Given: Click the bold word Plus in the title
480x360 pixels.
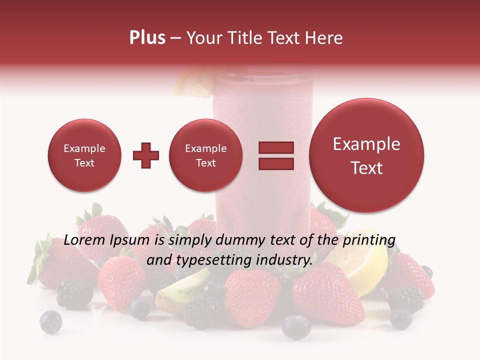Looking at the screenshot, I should click(147, 38).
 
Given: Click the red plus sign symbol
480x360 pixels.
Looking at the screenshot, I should click(145, 155).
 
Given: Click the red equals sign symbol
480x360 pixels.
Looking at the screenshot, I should click(275, 155).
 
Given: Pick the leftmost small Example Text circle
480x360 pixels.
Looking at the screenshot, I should click(84, 155).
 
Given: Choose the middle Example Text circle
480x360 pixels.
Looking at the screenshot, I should click(205, 155).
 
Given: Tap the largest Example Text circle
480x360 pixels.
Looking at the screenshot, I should click(366, 155).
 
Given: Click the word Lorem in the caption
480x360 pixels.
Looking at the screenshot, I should click(85, 241).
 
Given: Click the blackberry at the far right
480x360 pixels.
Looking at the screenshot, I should click(405, 298).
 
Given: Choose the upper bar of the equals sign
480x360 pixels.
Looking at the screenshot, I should click(275, 147).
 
